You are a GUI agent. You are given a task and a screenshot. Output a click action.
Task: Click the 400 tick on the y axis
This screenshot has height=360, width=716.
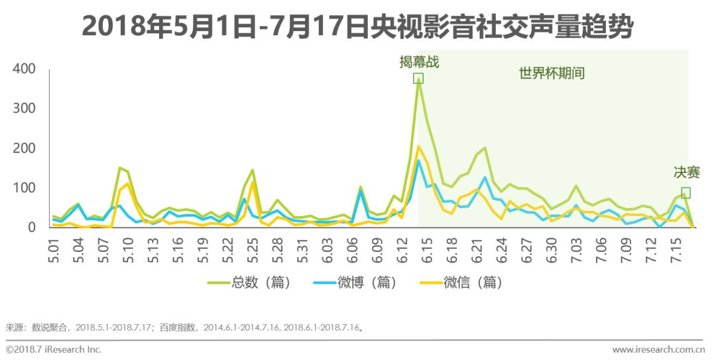[24, 70]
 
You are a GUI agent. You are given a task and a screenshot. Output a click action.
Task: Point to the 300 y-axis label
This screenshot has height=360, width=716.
[24, 109]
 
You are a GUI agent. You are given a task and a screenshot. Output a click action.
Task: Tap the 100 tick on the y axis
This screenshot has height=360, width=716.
[24, 188]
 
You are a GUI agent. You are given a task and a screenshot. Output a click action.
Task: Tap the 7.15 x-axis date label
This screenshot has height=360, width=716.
[677, 247]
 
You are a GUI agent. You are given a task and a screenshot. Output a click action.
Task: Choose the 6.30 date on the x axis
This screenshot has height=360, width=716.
[552, 247]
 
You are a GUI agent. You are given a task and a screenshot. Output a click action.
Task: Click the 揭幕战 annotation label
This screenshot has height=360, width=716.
[419, 62]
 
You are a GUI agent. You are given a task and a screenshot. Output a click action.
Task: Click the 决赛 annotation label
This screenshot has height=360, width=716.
[687, 172]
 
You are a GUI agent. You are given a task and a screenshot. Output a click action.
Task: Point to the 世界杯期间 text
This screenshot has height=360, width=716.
[552, 73]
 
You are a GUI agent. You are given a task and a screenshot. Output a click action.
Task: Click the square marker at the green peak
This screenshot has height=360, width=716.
[418, 78]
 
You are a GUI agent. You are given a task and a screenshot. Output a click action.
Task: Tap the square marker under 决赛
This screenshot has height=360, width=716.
[686, 192]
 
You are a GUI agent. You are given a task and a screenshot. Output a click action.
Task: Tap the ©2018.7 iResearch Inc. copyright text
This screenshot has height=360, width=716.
[54, 349]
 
